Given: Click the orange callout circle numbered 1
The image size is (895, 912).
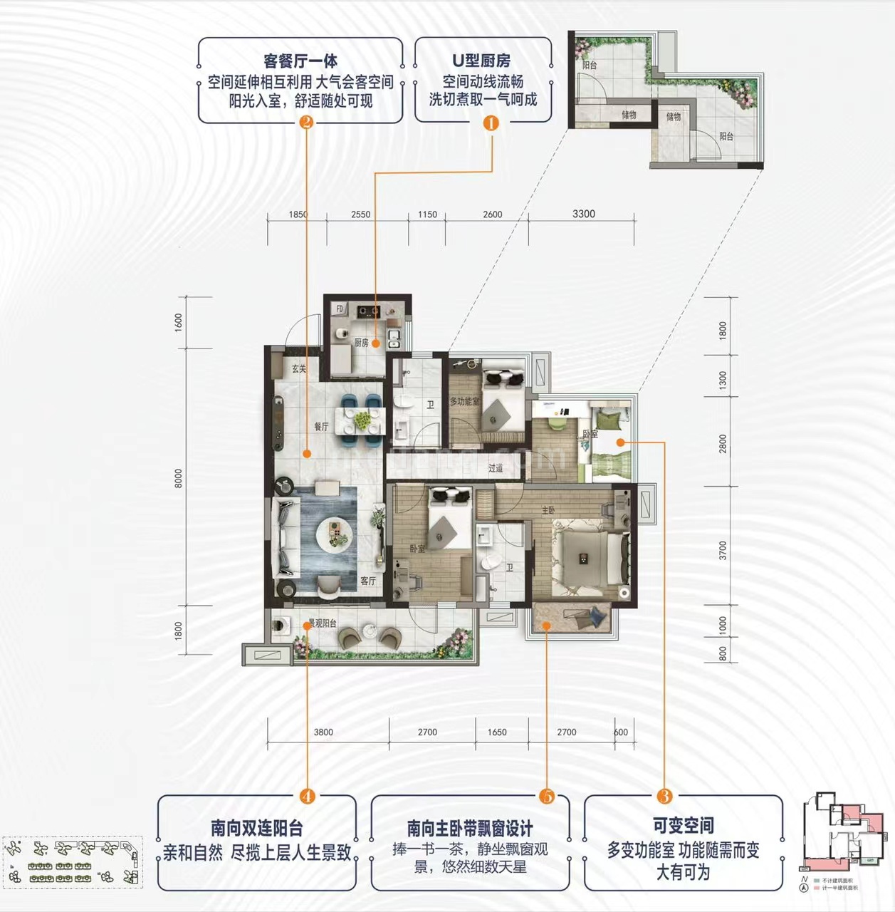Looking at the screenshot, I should point(491,123).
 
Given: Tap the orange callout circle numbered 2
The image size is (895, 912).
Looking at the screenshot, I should point(306,123).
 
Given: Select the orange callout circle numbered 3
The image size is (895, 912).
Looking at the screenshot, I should point(664,797).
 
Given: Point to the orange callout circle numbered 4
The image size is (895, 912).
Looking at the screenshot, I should point(308,797).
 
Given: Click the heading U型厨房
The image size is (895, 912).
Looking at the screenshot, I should point(482,61).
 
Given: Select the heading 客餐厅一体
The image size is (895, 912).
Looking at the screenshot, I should point(300,61).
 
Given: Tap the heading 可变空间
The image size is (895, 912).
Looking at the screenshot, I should point(683,825).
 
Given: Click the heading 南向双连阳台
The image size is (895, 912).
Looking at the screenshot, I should point(256,828).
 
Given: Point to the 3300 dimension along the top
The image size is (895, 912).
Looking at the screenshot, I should point(583,214).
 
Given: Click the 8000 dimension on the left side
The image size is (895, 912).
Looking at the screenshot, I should point(179,478).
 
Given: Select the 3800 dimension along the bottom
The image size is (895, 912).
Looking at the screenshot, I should point(323,732).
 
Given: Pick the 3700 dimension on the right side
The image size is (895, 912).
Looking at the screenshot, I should point(723,550).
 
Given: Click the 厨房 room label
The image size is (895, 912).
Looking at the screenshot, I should point(362,343).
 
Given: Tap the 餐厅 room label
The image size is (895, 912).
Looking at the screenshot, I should point(322,427).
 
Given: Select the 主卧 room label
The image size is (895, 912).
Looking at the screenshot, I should point(548,510).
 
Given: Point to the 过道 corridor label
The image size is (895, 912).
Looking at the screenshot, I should point(496,468).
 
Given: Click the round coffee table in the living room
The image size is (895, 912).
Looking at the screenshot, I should point(333,532).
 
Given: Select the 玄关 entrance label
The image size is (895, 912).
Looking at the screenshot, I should point(299,368).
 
